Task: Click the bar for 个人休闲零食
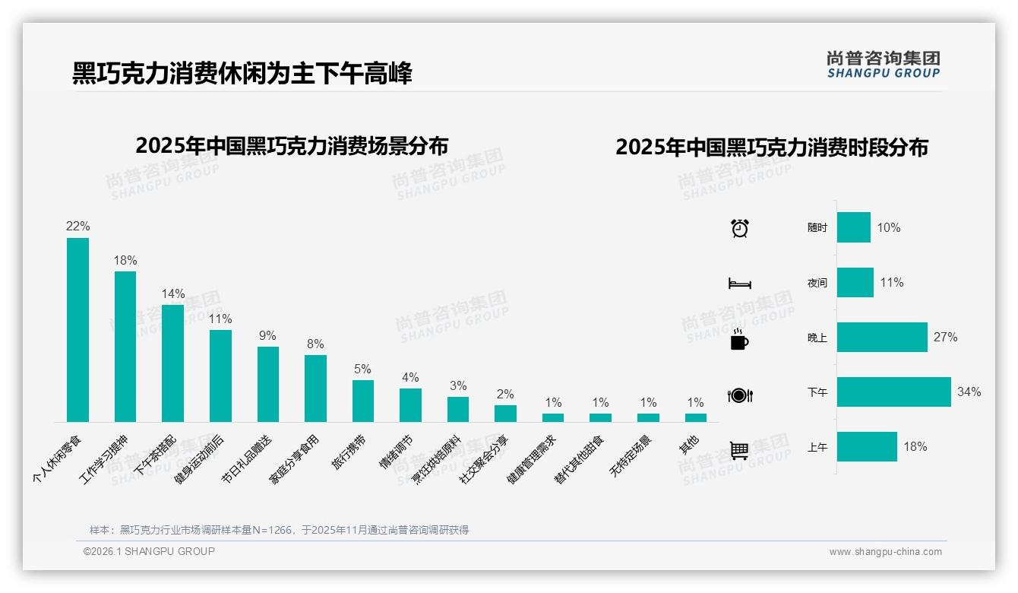point(77,330)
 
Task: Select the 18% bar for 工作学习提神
point(125,347)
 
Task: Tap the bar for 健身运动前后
point(220,376)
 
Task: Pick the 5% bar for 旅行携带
point(362,401)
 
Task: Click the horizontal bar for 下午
point(893,392)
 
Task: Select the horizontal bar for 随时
point(853,227)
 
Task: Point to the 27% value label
point(945,338)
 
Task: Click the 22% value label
point(77,227)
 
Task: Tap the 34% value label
point(969,392)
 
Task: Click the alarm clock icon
point(739,228)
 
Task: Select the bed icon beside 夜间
point(739,284)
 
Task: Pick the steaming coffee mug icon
point(739,339)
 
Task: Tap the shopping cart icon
point(739,451)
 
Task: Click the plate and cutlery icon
point(739,395)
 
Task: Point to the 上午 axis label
point(817,448)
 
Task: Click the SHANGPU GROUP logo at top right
point(883,65)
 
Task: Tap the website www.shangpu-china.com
point(885,552)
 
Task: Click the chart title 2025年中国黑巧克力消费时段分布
point(771,147)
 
